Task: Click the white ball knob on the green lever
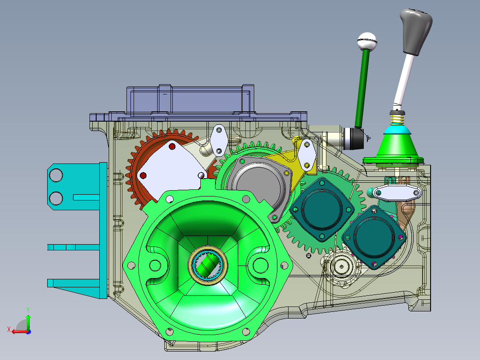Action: (367, 42)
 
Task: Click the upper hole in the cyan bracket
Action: (56, 176)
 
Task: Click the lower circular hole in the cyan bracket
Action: (56, 197)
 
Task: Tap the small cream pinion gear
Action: (343, 267)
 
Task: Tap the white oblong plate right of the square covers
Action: (398, 193)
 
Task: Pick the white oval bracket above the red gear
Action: (219, 139)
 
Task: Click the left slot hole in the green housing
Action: (156, 266)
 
